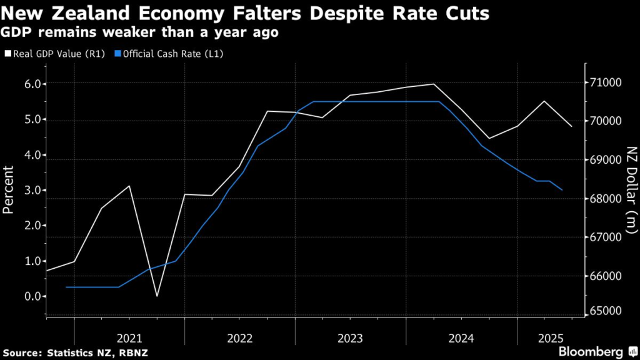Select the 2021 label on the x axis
click(x=129, y=338)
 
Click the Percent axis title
click(x=9, y=190)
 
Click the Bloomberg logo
click(x=590, y=351)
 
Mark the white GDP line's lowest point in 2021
click(x=157, y=296)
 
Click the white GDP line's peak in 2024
click(x=434, y=84)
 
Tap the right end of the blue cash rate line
click(x=562, y=190)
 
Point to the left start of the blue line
click(x=66, y=287)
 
